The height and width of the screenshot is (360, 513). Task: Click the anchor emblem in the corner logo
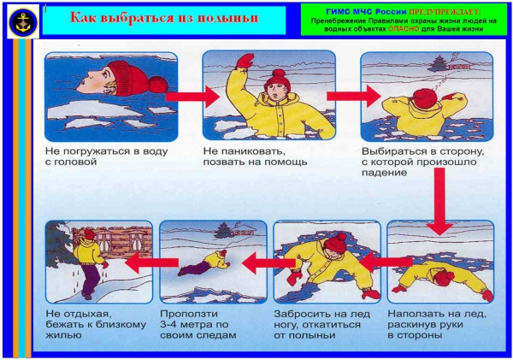pos(23,21)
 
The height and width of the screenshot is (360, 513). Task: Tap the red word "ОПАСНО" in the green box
pos(404,29)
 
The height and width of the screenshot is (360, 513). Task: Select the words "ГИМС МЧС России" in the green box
pos(366,12)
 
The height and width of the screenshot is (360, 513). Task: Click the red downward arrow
pos(439,201)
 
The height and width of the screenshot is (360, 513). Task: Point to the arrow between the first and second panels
pos(192,97)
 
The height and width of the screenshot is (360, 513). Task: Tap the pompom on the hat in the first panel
pos(158,84)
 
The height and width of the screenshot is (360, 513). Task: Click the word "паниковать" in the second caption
pos(250,151)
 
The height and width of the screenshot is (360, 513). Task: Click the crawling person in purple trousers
pos(204,263)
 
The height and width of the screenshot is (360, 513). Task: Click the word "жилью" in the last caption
pos(63,335)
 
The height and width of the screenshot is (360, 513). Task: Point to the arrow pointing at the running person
pos(152,263)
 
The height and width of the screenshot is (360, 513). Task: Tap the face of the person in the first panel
pos(96,81)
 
